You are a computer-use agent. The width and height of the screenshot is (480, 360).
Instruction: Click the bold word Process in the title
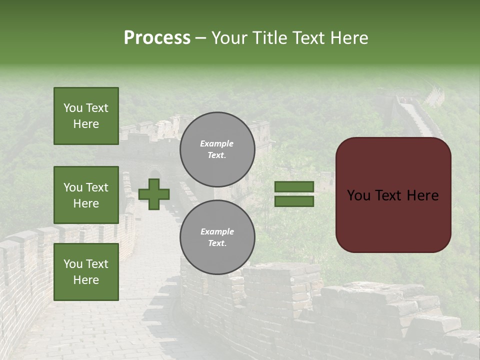click(157, 38)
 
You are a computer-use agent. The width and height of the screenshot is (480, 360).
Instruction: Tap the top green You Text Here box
click(86, 116)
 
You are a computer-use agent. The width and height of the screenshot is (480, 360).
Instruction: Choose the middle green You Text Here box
click(86, 195)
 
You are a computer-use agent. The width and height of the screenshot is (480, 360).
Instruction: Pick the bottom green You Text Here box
click(86, 271)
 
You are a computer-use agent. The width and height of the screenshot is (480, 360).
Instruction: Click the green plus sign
click(154, 194)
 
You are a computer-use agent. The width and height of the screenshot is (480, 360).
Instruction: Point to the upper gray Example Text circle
click(217, 149)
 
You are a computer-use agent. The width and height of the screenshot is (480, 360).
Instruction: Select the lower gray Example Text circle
click(217, 237)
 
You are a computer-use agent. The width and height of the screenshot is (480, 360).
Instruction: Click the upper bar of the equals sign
click(294, 187)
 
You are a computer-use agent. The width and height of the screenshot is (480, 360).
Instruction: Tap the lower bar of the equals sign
click(294, 201)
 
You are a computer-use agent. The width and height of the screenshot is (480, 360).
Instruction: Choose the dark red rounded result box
click(393, 194)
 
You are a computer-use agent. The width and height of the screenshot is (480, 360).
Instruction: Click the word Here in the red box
click(422, 195)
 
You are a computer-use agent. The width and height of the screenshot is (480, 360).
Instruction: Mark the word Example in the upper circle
click(217, 143)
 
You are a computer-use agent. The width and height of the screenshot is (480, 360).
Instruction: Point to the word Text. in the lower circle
click(217, 243)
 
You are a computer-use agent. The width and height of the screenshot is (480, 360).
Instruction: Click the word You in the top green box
click(73, 108)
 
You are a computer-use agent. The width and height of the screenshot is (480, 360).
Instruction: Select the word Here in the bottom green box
click(86, 280)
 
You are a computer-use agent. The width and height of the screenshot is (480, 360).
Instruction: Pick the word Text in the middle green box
click(97, 187)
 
